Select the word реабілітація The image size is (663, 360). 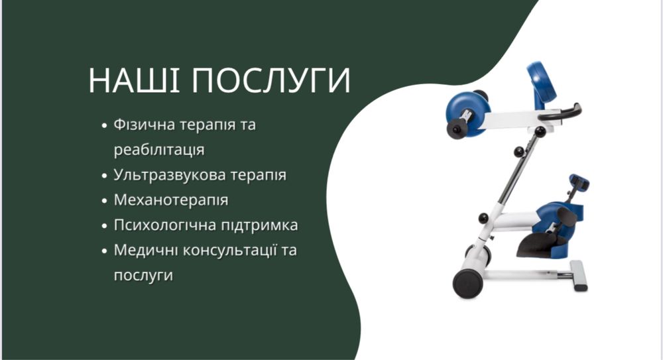point(158,150)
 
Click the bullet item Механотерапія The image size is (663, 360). point(171,200)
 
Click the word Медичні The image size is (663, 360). point(143,251)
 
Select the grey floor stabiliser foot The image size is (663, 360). point(578,274)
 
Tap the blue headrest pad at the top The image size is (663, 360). point(540,82)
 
